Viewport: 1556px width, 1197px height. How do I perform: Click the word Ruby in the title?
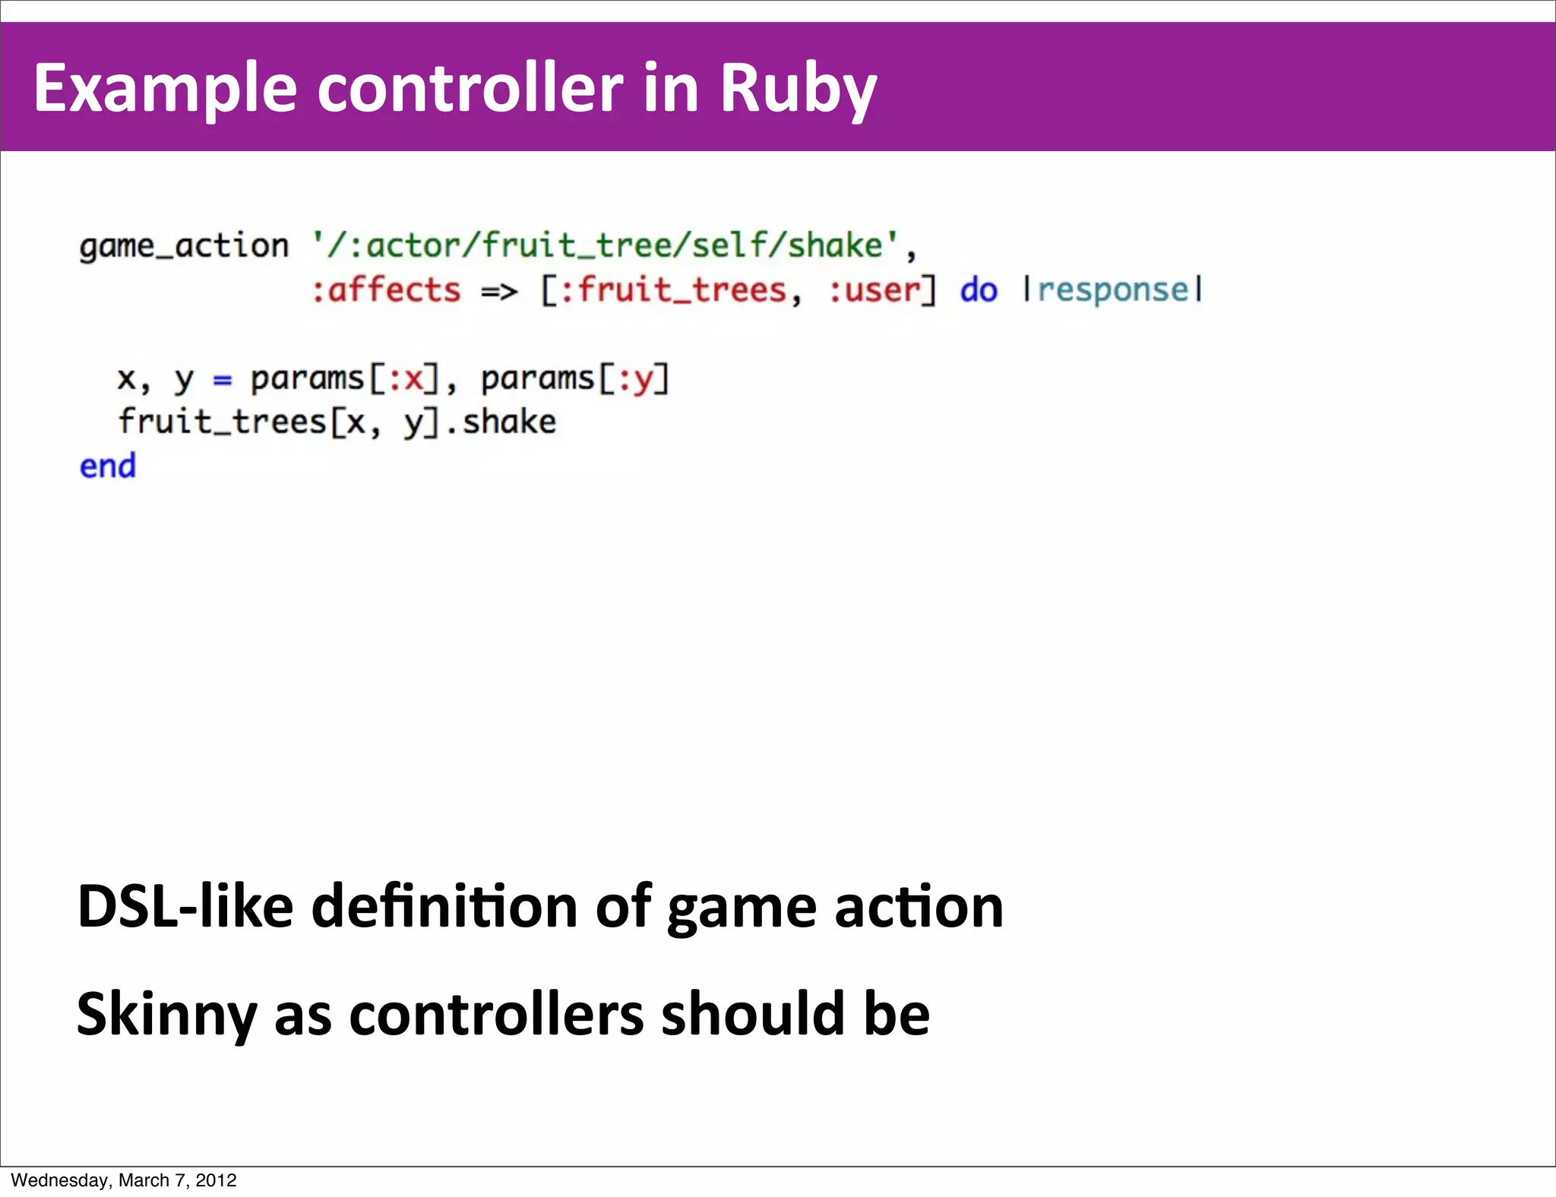tap(798, 89)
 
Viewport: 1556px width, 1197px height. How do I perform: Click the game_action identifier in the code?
tap(184, 246)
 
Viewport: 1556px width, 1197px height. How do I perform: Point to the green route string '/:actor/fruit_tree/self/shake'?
tap(605, 245)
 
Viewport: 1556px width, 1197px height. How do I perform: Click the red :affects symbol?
tap(386, 290)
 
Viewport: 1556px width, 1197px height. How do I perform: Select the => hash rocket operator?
tap(499, 291)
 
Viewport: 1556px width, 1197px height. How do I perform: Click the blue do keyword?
tap(978, 290)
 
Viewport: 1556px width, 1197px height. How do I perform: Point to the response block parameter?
tap(1113, 290)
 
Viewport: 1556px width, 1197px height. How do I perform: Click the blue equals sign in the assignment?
tap(222, 378)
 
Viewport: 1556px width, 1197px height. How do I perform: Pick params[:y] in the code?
tap(575, 378)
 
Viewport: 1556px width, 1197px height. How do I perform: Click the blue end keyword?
tap(108, 466)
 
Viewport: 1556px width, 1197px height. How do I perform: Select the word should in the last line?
tap(753, 1014)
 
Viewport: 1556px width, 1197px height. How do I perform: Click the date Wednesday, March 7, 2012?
tap(124, 1180)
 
